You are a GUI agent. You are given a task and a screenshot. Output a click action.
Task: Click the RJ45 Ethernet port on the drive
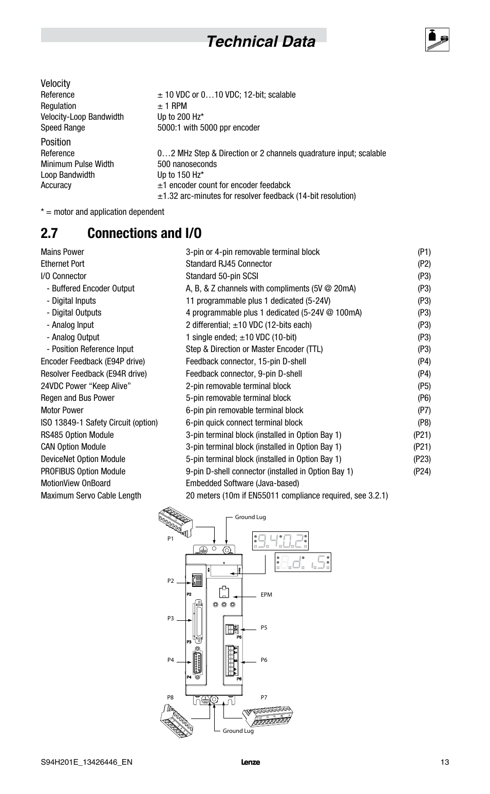tap(195, 581)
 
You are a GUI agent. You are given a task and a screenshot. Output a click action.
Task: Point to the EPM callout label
tap(266, 595)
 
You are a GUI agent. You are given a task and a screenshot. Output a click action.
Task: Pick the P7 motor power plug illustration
tap(267, 717)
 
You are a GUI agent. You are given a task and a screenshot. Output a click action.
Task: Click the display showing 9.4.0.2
tap(280, 541)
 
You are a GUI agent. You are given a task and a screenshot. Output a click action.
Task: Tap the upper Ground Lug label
tap(250, 517)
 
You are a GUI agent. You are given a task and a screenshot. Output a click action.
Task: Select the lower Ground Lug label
tap(238, 731)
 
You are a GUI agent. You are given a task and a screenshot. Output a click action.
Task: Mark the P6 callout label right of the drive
tap(264, 660)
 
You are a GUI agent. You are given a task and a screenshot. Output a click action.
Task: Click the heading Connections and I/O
tap(144, 233)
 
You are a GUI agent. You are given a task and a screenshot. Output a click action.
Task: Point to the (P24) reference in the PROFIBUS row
tap(422, 471)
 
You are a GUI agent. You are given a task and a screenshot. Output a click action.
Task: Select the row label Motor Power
tap(62, 410)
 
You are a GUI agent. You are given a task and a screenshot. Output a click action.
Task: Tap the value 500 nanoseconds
tap(187, 164)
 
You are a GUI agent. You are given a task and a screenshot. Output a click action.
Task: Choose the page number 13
tap(444, 762)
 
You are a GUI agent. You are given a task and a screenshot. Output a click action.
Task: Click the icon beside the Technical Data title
tap(437, 40)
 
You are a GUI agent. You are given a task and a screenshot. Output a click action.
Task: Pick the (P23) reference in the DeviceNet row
tap(422, 459)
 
